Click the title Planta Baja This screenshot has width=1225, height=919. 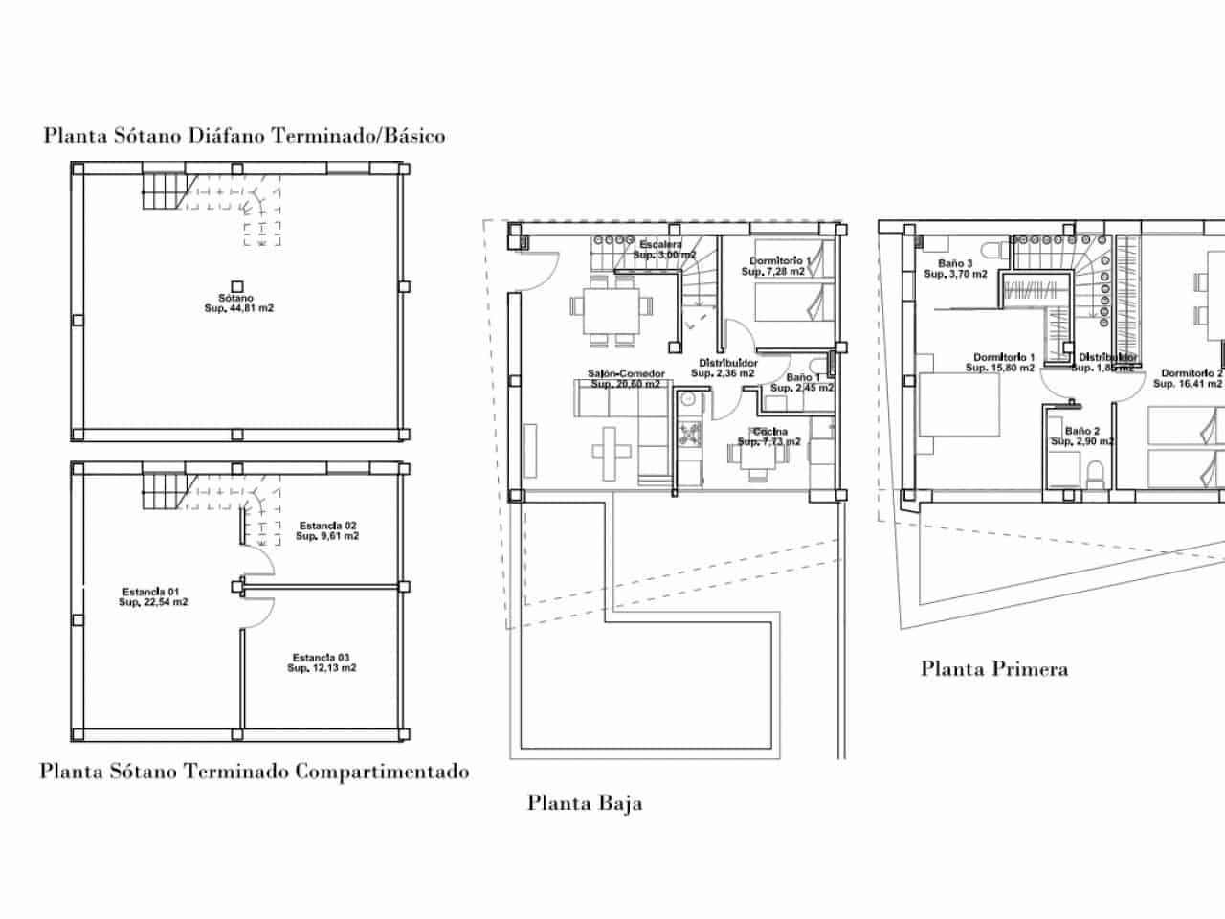click(x=585, y=802)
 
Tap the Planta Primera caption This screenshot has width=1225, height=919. click(x=993, y=668)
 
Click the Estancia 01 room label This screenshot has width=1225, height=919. click(x=152, y=596)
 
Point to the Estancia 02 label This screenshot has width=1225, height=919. click(x=327, y=531)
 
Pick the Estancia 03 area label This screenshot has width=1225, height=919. click(x=322, y=662)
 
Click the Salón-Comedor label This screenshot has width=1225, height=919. click(x=626, y=379)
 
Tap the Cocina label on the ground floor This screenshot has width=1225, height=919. click(x=769, y=437)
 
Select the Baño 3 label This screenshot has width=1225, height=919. click(x=955, y=269)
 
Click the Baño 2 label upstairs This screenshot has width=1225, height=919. click(x=1082, y=437)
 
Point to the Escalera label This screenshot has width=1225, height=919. click(x=661, y=250)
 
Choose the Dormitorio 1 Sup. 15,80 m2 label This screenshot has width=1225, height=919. click(x=1000, y=362)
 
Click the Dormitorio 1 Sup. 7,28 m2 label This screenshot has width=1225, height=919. click(x=779, y=266)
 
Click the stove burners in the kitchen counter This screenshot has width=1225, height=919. click(x=689, y=434)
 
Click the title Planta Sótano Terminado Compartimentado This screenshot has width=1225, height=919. click(x=255, y=771)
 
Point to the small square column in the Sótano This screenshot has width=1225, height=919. click(x=236, y=285)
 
